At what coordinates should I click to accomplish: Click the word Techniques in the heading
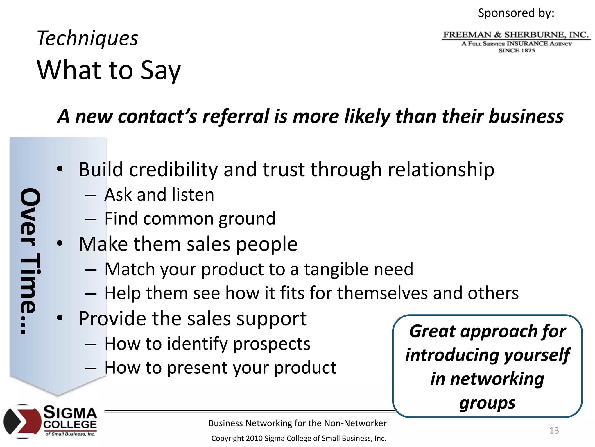pyautogui.click(x=87, y=38)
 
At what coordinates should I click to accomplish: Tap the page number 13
pyautogui.click(x=554, y=430)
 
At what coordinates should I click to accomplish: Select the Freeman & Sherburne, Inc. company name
pyautogui.click(x=516, y=35)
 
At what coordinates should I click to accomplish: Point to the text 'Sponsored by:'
pyautogui.click(x=516, y=13)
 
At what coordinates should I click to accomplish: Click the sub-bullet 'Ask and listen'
pyautogui.click(x=159, y=195)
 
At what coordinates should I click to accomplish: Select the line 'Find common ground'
pyautogui.click(x=189, y=219)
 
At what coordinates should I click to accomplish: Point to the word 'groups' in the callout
pyautogui.click(x=487, y=403)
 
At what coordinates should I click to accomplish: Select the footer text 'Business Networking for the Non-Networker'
pyautogui.click(x=297, y=423)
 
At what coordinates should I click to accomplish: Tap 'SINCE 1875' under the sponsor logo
pyautogui.click(x=517, y=50)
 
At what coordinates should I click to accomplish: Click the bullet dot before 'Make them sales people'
pyautogui.click(x=60, y=243)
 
